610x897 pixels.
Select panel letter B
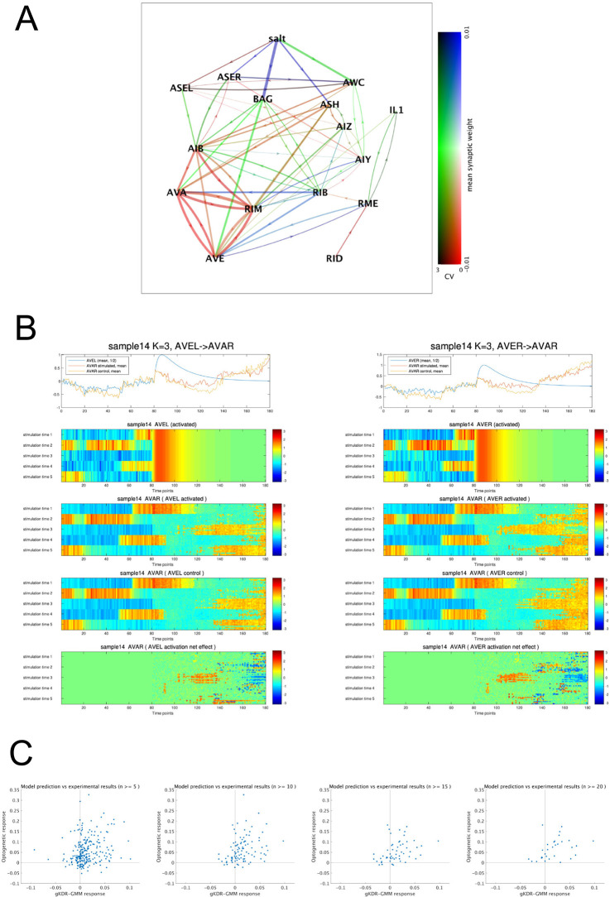(29, 332)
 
